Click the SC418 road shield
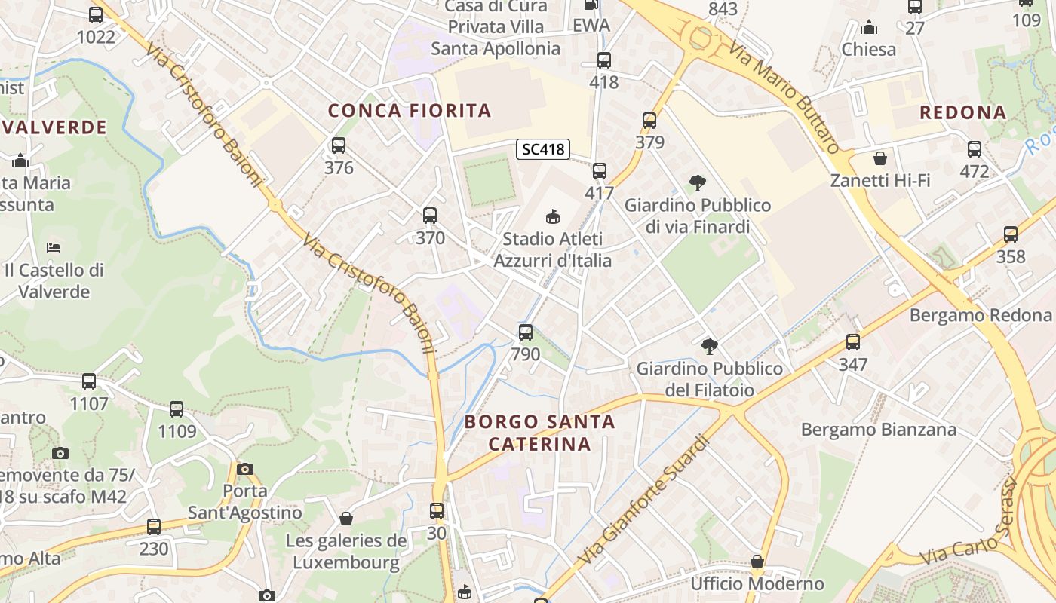tap(543, 149)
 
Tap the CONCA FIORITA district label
tap(410, 111)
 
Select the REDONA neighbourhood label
tap(963, 112)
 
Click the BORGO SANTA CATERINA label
tap(540, 433)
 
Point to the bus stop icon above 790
tap(526, 332)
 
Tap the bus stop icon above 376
tap(339, 145)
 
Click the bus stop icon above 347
tap(853, 342)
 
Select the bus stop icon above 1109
tap(177, 409)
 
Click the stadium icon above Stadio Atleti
tap(553, 217)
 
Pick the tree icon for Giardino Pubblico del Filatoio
tap(709, 347)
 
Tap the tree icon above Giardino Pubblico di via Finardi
tap(698, 182)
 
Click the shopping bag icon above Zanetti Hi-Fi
tap(879, 158)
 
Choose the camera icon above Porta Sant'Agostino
tap(244, 469)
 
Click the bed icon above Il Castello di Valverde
tap(53, 247)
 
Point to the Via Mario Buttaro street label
tap(784, 97)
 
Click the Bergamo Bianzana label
tap(878, 430)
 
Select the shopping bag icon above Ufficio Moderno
tap(757, 562)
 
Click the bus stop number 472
tap(974, 171)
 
